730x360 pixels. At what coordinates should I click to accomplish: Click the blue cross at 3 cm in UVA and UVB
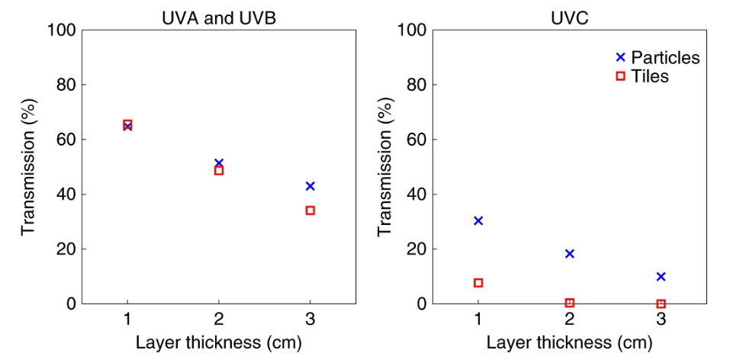click(310, 186)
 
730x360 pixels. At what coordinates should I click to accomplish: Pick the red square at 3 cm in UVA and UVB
click(310, 211)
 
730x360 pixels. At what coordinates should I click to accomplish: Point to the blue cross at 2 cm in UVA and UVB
click(219, 163)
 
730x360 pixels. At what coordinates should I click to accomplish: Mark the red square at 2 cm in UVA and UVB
click(219, 171)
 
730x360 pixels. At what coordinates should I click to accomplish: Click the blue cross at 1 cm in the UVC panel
click(478, 220)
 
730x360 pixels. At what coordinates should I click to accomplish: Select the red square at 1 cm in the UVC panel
click(478, 283)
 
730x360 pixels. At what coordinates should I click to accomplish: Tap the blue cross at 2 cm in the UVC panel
click(570, 253)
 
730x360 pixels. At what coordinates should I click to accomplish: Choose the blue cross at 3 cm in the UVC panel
click(661, 276)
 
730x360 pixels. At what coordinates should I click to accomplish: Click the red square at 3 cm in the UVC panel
click(661, 304)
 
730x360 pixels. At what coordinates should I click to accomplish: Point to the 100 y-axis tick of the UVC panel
click(415, 31)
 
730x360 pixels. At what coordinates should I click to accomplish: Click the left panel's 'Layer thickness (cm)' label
click(219, 342)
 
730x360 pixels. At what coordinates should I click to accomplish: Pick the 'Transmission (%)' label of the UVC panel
click(386, 166)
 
